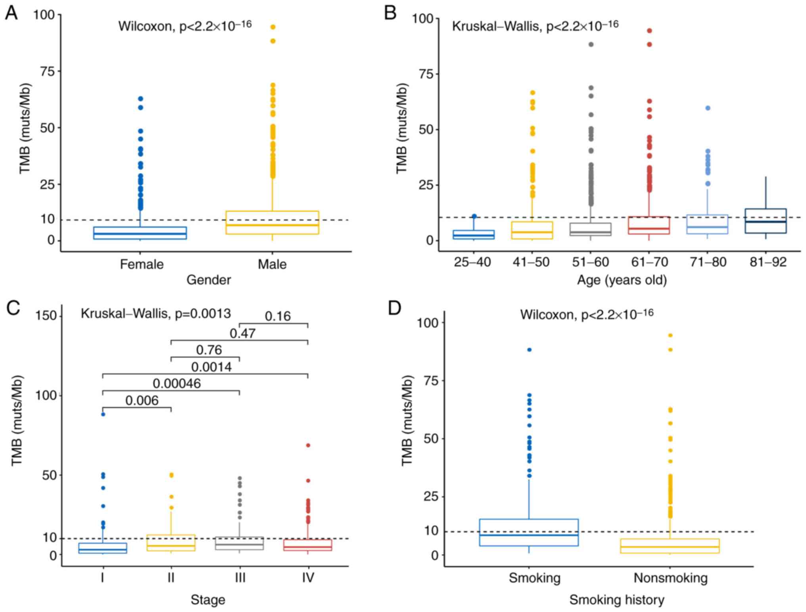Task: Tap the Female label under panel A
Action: (x=142, y=264)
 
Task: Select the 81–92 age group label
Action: (x=768, y=262)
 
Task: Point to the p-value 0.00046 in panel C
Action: (x=177, y=383)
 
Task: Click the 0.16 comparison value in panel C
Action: (x=278, y=316)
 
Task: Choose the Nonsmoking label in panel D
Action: (x=670, y=578)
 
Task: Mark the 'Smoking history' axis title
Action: (x=616, y=600)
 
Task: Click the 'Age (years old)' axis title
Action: (x=622, y=280)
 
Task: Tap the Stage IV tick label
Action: (x=308, y=578)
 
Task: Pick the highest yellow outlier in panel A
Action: (x=273, y=27)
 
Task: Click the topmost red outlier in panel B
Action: (x=649, y=31)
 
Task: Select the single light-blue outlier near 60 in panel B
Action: (x=708, y=108)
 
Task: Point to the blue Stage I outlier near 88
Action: (x=103, y=414)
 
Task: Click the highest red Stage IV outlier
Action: (x=308, y=445)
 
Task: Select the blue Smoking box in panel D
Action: (x=529, y=532)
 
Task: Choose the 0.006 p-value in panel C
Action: (x=142, y=400)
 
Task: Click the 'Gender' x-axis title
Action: (x=209, y=280)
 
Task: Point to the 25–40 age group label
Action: (x=472, y=262)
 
